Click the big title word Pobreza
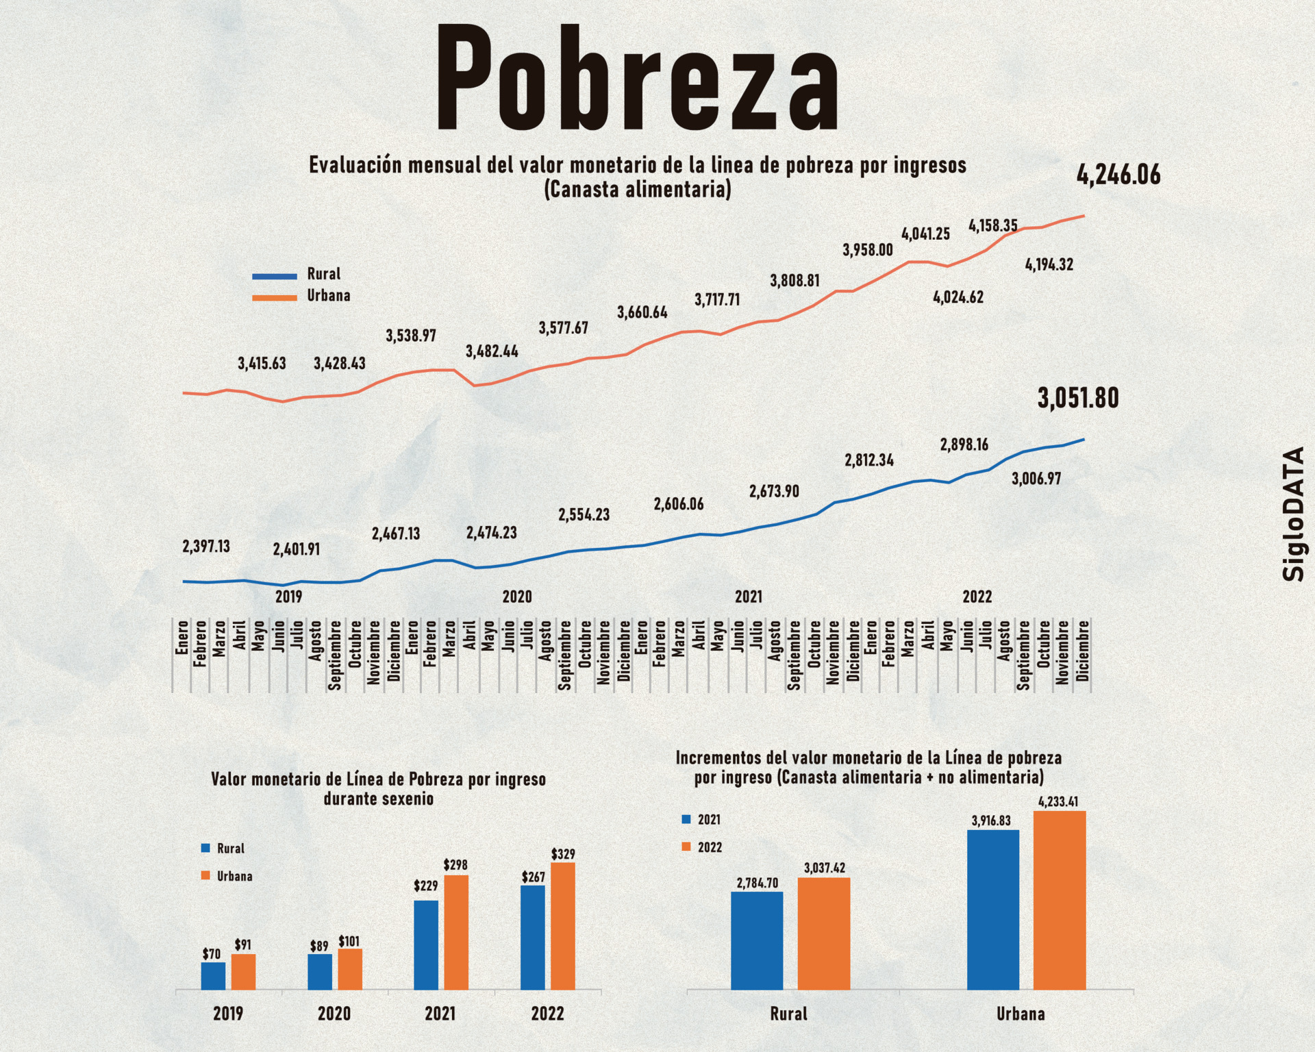(x=637, y=79)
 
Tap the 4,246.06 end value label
(x=1118, y=175)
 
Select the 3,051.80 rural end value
(x=1078, y=398)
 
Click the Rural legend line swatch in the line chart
(x=274, y=276)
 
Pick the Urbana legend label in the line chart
(x=328, y=296)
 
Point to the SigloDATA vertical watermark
(x=1294, y=514)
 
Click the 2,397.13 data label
(x=206, y=547)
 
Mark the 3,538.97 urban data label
(x=411, y=336)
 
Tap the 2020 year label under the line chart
(x=517, y=597)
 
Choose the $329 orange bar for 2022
(x=563, y=925)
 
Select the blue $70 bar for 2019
(x=213, y=975)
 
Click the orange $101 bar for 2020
(x=350, y=968)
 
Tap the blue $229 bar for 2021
(x=426, y=944)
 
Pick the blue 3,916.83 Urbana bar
(x=993, y=910)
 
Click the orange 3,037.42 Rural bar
(x=824, y=933)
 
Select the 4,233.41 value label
(x=1058, y=801)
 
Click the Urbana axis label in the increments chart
(x=1020, y=1014)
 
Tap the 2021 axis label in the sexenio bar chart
(x=440, y=1014)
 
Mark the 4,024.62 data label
(x=958, y=297)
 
